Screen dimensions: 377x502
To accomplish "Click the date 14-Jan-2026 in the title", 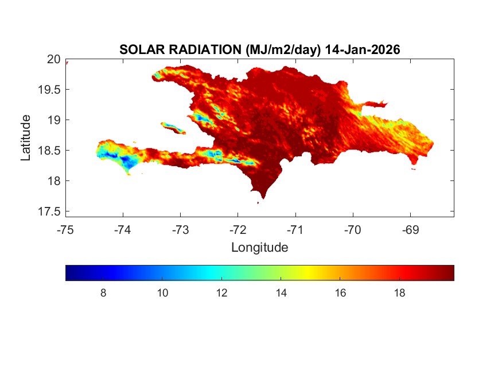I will (x=362, y=50).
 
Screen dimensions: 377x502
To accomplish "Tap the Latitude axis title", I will (x=26, y=137).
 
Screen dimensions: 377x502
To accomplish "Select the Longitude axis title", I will (x=259, y=248).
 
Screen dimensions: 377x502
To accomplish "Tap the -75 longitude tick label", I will (x=66, y=230).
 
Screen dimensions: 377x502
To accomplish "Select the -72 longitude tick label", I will (x=238, y=230).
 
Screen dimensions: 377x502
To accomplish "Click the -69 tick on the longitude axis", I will (x=410, y=230).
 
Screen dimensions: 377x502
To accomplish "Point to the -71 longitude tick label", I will (x=295, y=230).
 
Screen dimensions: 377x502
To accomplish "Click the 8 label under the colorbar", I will (x=103, y=293).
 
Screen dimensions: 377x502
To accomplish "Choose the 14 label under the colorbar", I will (x=281, y=293).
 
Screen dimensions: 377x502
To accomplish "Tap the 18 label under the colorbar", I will (x=400, y=293).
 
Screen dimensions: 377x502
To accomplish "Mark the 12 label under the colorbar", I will (x=222, y=293).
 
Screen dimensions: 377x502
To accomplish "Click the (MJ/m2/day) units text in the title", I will (x=282, y=50).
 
